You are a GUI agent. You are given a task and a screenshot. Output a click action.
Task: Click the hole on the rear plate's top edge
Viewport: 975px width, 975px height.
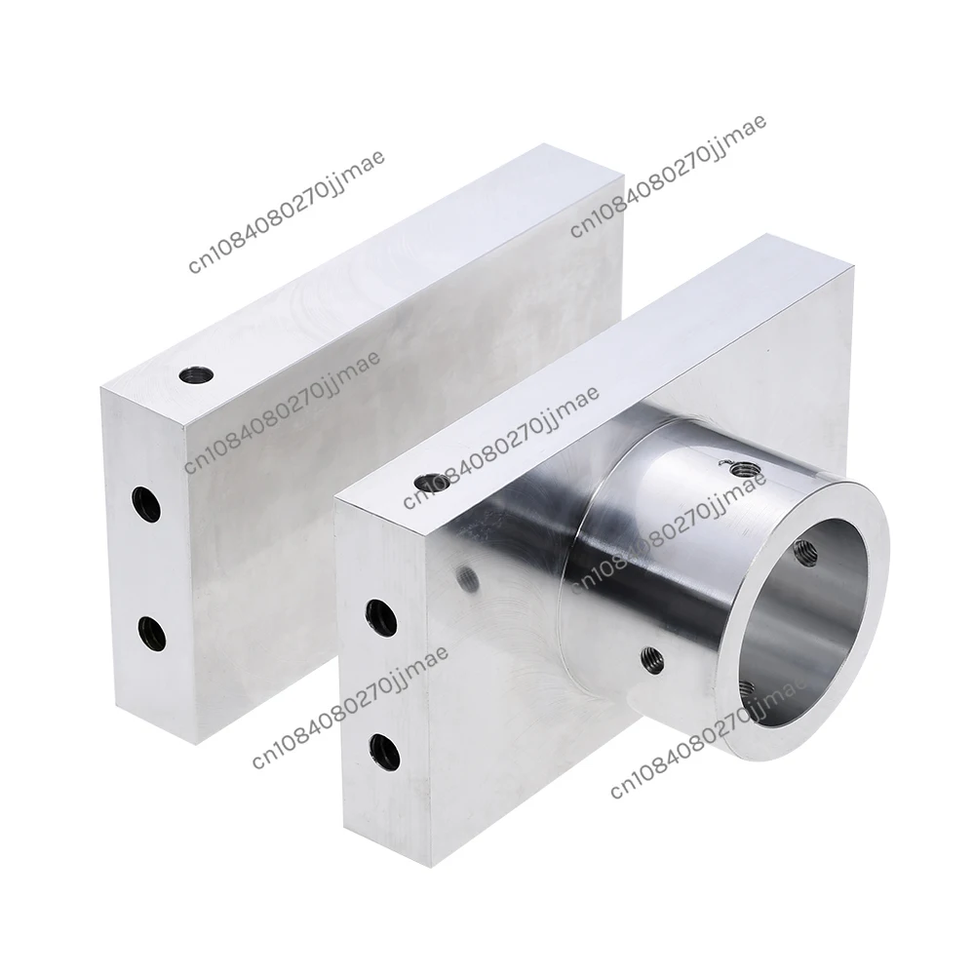196,374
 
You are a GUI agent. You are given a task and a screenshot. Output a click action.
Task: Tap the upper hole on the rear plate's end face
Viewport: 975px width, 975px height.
146,504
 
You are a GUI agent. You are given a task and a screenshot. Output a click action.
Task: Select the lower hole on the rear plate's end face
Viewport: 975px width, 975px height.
152,633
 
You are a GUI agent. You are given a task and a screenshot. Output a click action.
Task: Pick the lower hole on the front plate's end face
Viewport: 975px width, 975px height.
386,747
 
